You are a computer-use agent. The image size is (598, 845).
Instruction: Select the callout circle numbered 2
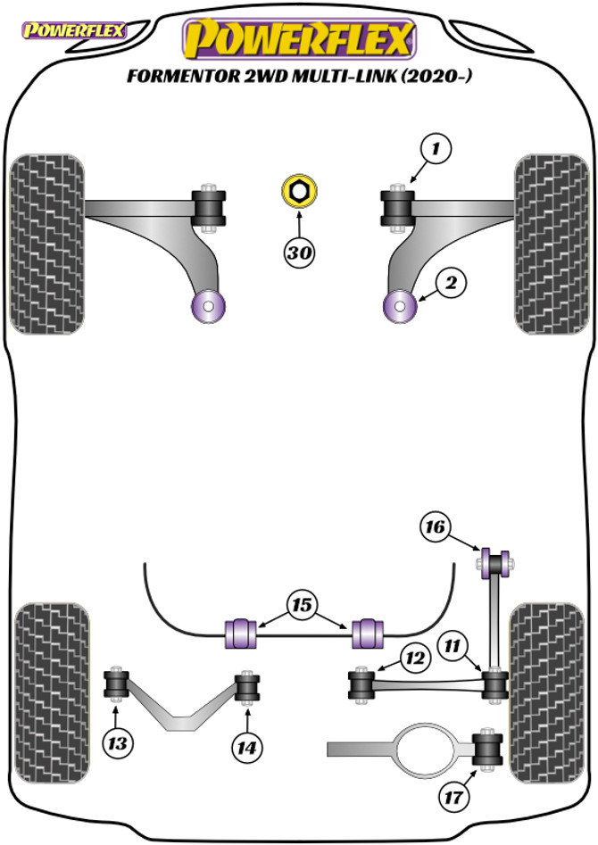click(451, 282)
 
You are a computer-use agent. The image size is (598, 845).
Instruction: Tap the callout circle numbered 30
click(299, 252)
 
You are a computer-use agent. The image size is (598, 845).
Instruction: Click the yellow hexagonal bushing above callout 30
click(299, 190)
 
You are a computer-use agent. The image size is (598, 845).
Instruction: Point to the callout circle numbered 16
click(436, 526)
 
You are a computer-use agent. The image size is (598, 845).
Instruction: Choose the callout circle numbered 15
click(302, 605)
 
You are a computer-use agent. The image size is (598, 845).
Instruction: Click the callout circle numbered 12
click(415, 658)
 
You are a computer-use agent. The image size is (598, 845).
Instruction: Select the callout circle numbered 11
click(452, 645)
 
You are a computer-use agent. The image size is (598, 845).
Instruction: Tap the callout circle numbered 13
click(117, 743)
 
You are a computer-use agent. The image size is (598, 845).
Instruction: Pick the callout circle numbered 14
click(247, 748)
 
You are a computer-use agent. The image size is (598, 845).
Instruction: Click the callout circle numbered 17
click(453, 797)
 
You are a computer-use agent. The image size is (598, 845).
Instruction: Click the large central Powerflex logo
click(299, 37)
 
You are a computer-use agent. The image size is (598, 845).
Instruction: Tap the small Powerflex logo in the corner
click(73, 30)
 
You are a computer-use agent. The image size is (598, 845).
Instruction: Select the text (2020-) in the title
click(436, 76)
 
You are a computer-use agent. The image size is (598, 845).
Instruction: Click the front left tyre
click(47, 244)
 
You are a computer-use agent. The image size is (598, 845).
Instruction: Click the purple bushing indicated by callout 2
click(400, 306)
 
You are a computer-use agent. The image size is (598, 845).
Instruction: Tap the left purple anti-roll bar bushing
click(240, 633)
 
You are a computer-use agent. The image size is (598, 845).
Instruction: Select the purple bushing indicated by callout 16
click(495, 563)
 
